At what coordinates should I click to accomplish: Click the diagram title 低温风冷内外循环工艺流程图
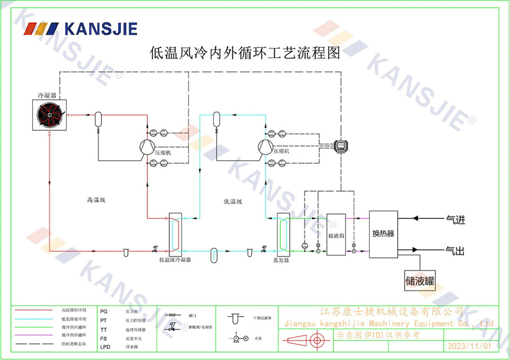click(x=244, y=53)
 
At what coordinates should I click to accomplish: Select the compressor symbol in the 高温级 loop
click(x=147, y=146)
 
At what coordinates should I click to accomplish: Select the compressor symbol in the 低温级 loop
click(x=265, y=146)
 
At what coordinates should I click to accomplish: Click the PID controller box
click(x=341, y=145)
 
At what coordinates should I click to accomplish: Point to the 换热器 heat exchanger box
click(x=383, y=233)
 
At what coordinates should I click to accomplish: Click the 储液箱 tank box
click(x=336, y=235)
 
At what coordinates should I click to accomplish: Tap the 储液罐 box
click(x=421, y=280)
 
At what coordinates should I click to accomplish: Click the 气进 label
click(x=455, y=220)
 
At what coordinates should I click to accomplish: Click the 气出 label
click(x=455, y=250)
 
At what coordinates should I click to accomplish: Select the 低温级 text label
click(x=233, y=202)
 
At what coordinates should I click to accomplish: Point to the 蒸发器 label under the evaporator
click(x=280, y=260)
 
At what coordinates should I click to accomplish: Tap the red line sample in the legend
click(x=34, y=310)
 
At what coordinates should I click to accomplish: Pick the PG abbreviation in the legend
click(x=104, y=311)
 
